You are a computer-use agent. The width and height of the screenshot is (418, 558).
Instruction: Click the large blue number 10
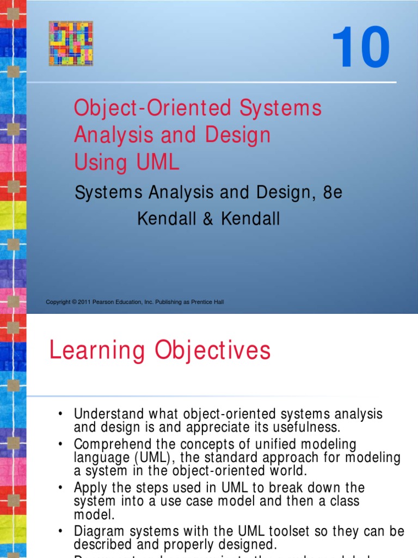(x=360, y=49)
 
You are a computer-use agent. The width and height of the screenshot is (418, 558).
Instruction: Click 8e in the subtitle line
(x=333, y=193)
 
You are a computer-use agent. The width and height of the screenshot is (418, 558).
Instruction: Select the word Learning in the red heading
(x=97, y=350)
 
